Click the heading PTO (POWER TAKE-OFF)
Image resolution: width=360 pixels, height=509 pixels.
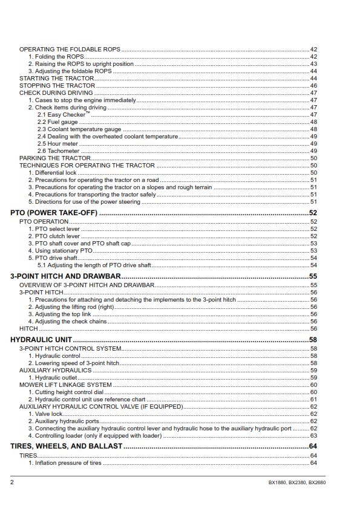click(54, 213)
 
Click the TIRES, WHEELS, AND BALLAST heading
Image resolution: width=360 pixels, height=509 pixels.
click(67, 446)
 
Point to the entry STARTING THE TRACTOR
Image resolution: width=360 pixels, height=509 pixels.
click(57, 79)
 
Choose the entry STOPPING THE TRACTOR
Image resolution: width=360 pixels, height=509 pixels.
click(57, 86)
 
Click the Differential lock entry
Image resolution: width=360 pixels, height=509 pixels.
click(54, 172)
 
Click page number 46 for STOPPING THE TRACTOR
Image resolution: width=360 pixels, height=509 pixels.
click(313, 86)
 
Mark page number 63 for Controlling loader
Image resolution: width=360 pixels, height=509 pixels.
click(313, 435)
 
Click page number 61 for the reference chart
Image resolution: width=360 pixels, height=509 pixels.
click(313, 400)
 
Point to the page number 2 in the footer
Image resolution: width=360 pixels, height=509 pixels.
click(12, 482)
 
